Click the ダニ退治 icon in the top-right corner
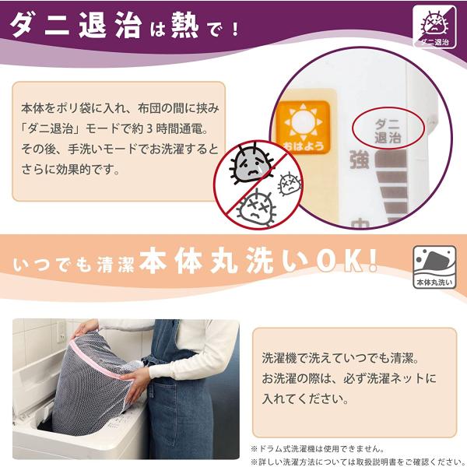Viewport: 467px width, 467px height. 434,26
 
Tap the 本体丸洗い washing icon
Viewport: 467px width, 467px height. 434,269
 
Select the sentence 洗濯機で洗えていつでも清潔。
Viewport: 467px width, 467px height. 342,360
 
